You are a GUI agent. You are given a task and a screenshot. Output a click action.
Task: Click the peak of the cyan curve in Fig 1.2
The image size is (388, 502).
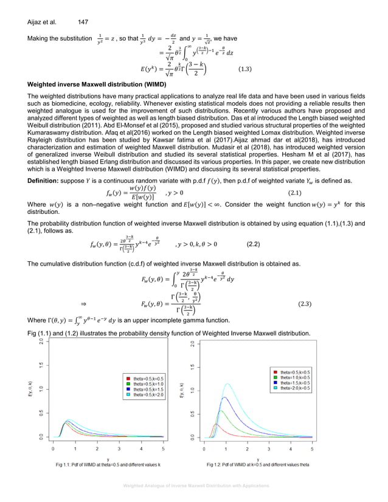(x=228, y=383)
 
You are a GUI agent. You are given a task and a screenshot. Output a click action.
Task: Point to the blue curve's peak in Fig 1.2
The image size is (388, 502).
(x=225, y=397)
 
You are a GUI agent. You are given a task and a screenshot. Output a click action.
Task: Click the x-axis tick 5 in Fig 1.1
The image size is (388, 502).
(x=164, y=450)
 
